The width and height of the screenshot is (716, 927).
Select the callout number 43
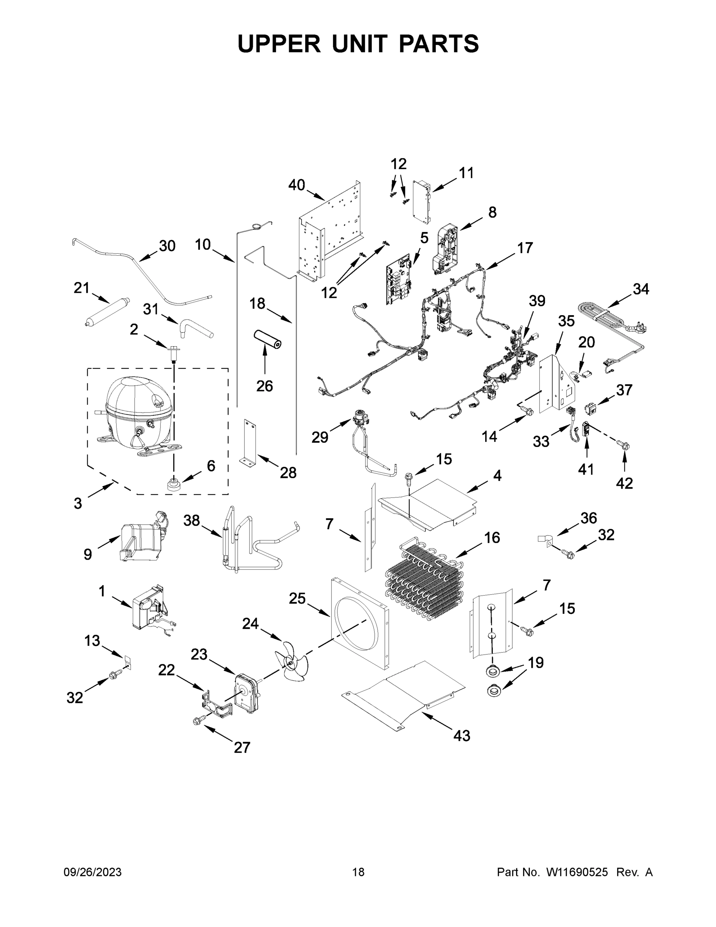[462, 735]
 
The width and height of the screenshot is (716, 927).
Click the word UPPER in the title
[279, 44]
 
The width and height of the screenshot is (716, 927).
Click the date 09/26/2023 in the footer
[93, 872]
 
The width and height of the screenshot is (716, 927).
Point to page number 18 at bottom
[358, 872]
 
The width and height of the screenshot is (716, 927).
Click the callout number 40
[296, 185]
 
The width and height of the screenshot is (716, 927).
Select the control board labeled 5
[398, 279]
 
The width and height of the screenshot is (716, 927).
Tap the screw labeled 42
[624, 445]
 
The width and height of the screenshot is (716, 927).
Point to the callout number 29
[320, 437]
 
